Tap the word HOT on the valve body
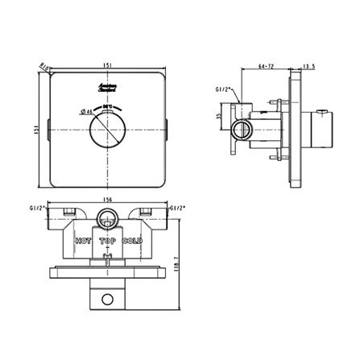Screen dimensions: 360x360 point(83,241)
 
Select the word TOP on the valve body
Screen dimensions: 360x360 point(107,241)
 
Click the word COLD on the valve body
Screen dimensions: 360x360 point(133,241)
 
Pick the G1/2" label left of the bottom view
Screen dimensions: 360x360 point(34,207)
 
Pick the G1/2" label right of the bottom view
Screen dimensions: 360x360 point(179,207)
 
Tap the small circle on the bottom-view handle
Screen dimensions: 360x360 point(107,300)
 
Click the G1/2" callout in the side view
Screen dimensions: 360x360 point(225,89)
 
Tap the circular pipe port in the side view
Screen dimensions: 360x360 point(239,129)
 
